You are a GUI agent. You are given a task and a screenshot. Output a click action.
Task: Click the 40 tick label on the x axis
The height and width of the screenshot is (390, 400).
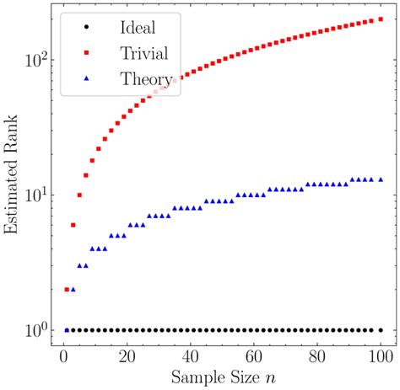click(191, 356)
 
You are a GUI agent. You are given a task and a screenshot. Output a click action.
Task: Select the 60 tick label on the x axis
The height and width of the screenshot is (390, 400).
click(254, 356)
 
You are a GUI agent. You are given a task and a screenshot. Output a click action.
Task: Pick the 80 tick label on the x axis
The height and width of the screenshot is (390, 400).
click(317, 356)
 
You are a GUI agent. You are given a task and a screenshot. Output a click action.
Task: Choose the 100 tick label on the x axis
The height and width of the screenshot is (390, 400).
click(381, 356)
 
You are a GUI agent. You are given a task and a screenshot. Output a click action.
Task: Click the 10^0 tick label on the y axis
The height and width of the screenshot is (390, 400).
click(33, 329)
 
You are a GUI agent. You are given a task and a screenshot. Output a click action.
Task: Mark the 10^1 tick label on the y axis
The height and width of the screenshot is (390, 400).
click(33, 195)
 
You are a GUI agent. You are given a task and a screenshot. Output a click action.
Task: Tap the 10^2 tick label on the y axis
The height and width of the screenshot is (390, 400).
click(33, 60)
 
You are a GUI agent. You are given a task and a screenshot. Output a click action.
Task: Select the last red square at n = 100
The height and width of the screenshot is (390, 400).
click(381, 19)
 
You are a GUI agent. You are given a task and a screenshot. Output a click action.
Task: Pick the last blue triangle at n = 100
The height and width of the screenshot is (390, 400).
click(381, 179)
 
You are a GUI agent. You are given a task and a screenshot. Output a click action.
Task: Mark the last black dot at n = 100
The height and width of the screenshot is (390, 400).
click(381, 330)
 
